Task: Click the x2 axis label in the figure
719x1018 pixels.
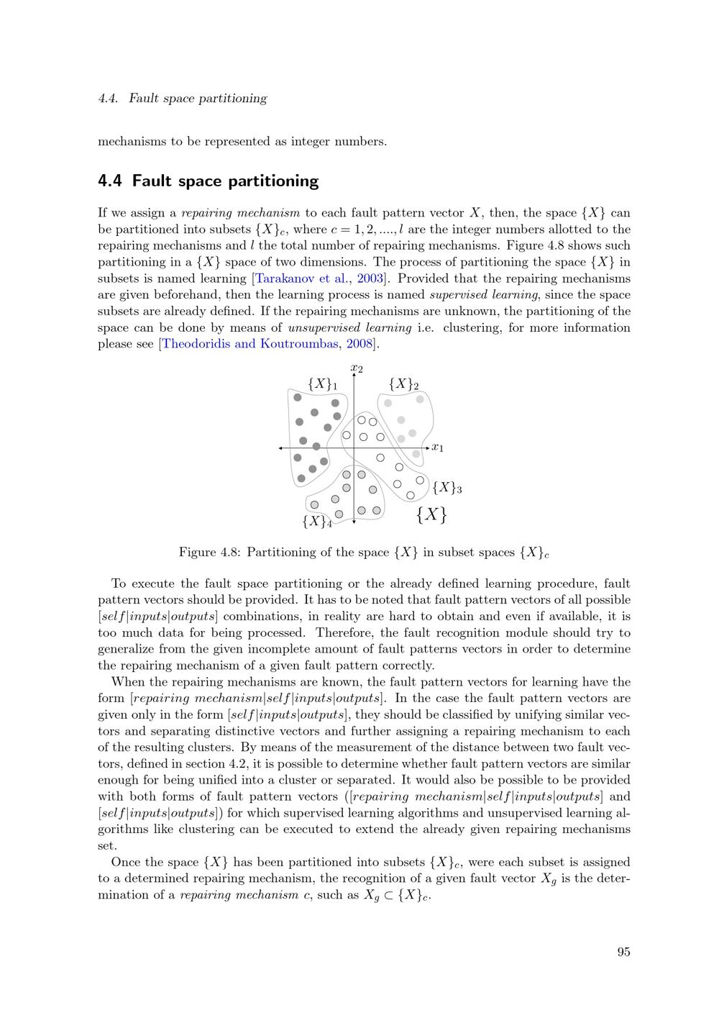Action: pyautogui.click(x=357, y=369)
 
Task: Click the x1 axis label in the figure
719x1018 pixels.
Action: pyautogui.click(x=438, y=448)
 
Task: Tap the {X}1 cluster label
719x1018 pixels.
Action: pyautogui.click(x=322, y=384)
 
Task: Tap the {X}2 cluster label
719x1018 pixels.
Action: pyautogui.click(x=403, y=384)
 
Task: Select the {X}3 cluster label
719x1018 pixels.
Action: pyautogui.click(x=446, y=488)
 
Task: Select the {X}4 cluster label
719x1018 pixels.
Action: pyautogui.click(x=317, y=522)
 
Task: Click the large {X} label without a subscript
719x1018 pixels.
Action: pyautogui.click(x=431, y=514)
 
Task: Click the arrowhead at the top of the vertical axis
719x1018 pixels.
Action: pyautogui.click(x=354, y=375)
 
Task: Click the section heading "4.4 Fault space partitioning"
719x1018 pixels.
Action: pyautogui.click(x=208, y=181)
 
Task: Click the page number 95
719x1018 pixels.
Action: pyautogui.click(x=623, y=952)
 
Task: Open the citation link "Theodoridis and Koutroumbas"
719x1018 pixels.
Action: pyautogui.click(x=251, y=344)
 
